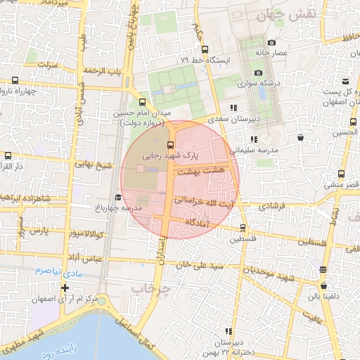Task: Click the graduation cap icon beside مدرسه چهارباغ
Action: click(118, 197)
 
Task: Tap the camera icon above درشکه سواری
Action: click(258, 73)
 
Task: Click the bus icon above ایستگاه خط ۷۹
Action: click(205, 50)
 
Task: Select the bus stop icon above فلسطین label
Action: click(243, 228)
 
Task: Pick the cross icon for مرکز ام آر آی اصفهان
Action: click(65, 288)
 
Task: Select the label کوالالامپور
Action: click(87, 232)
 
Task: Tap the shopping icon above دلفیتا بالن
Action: click(323, 286)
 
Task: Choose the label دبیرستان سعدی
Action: click(257, 119)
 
